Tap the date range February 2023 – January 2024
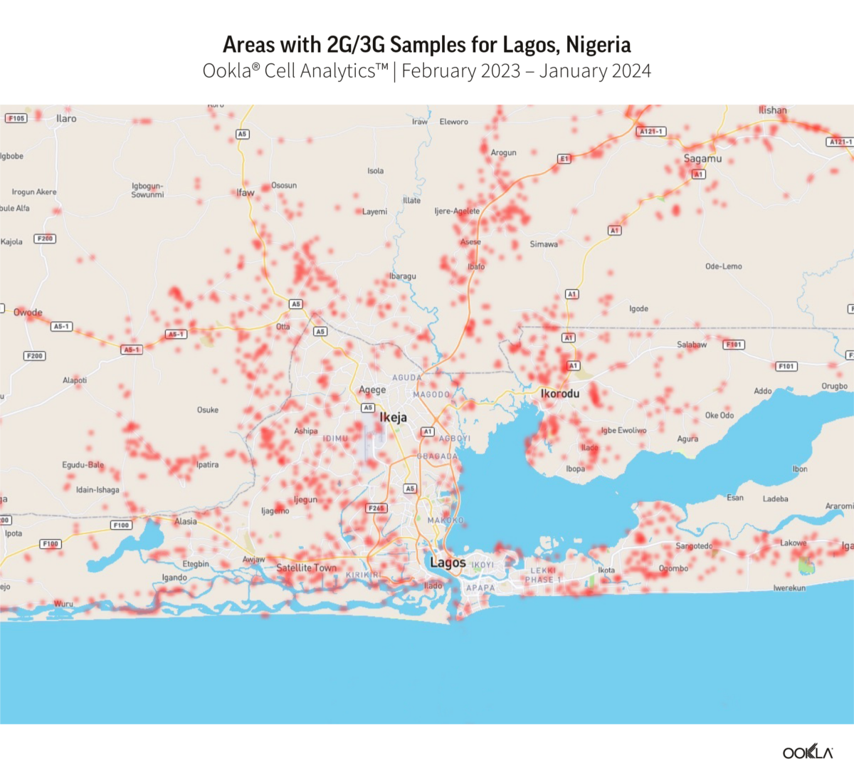coord(526,71)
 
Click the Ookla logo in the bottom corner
coord(807,752)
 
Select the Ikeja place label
coord(393,417)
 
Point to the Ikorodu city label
coord(559,393)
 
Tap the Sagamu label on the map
coord(702,159)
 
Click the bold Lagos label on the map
coord(448,563)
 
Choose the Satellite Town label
coord(306,568)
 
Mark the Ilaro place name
coord(66,119)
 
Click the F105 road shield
coord(16,118)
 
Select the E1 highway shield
coord(564,159)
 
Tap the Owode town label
coord(28,313)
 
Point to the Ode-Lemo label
coord(723,266)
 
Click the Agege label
coord(372,390)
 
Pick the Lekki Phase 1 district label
coord(544,575)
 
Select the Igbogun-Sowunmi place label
coord(147,190)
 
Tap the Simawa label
coord(544,244)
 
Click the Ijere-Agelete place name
coord(457,211)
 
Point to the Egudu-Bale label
coord(83,465)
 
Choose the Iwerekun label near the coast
coord(789,588)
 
